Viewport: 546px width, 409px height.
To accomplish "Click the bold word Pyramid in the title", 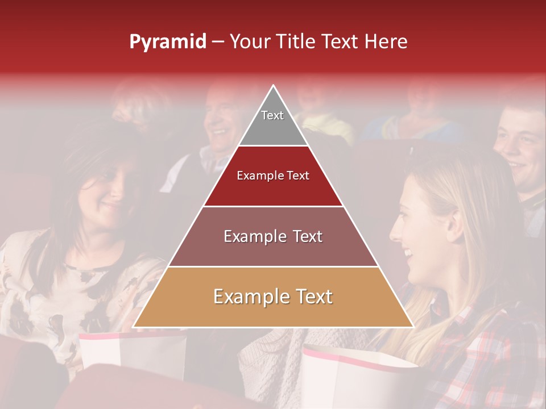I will (x=167, y=42).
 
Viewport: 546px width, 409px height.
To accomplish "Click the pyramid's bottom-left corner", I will (x=134, y=327).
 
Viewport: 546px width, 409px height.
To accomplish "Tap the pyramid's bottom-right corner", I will (x=412, y=327).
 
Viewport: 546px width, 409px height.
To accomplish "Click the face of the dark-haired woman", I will (x=108, y=193).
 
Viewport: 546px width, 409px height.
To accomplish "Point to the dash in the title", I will (x=217, y=42).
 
